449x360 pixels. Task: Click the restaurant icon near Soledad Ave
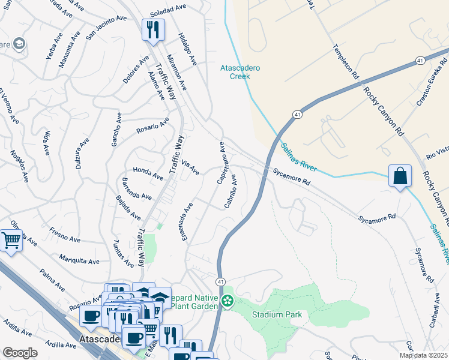[152, 29]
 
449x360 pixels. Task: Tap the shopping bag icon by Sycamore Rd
[400, 176]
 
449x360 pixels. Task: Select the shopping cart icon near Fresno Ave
[10, 241]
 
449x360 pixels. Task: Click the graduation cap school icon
[19, 44]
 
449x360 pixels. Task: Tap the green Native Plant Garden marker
[227, 300]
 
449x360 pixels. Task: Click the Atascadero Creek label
[240, 72]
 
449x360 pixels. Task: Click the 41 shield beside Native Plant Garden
[220, 281]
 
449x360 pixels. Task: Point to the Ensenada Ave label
[187, 221]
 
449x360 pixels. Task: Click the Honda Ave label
[148, 173]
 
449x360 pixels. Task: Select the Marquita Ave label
[79, 260]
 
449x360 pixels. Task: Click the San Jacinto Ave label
[106, 28]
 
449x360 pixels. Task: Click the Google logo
[20, 352]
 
